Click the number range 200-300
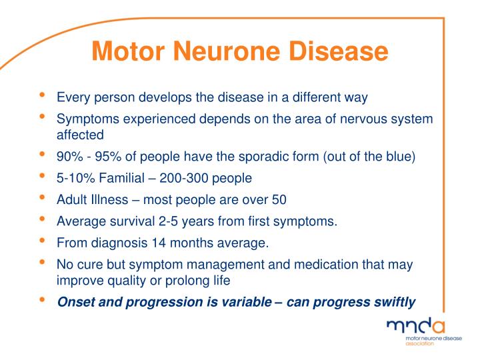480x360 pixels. pyautogui.click(x=185, y=178)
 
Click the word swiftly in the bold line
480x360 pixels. pyautogui.click(x=393, y=302)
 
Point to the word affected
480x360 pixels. pyautogui.click(x=80, y=135)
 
